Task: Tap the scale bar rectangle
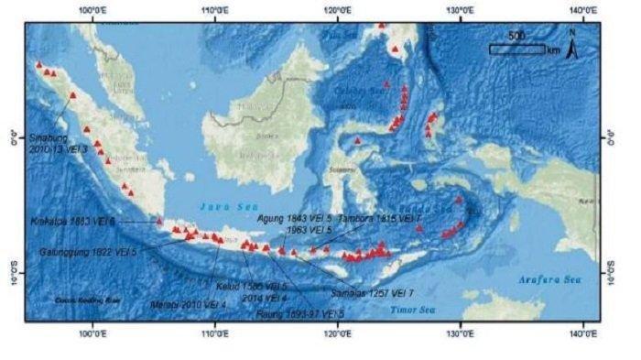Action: (x=517, y=49)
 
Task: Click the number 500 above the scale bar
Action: (x=516, y=35)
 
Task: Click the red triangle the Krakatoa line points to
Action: (x=159, y=221)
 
